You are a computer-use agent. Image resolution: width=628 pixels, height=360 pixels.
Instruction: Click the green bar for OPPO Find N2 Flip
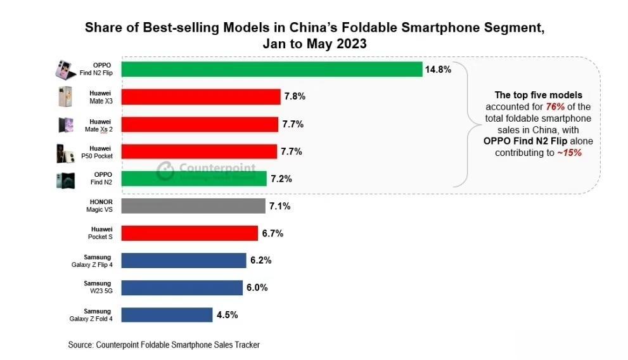click(271, 69)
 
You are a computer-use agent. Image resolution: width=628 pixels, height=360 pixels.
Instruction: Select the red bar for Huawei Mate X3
click(200, 96)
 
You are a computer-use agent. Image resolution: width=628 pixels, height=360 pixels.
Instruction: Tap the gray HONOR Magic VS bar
click(193, 206)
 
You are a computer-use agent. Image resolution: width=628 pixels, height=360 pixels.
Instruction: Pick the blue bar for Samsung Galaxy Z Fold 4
click(166, 315)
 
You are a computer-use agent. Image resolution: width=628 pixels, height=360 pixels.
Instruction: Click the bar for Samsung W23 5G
click(181, 288)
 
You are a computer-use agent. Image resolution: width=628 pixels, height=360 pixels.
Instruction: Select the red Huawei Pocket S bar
click(189, 233)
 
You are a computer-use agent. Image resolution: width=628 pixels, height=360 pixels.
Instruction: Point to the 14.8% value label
click(439, 70)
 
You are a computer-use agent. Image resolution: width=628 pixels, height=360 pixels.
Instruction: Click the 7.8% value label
click(295, 97)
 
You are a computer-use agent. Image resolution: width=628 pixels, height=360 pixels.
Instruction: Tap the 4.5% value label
click(226, 315)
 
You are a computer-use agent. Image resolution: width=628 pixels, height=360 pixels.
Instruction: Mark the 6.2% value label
click(260, 260)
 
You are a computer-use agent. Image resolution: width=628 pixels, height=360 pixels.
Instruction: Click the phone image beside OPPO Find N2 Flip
click(65, 69)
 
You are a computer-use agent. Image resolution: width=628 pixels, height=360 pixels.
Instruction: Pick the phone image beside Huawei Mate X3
click(65, 96)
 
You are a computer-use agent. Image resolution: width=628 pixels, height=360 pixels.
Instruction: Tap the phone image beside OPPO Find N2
click(65, 179)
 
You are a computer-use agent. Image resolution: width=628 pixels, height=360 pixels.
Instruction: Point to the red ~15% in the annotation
click(568, 153)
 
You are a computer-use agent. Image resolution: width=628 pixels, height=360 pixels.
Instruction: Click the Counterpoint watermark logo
click(166, 172)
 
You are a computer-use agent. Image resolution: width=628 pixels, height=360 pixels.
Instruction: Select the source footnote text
click(163, 345)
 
